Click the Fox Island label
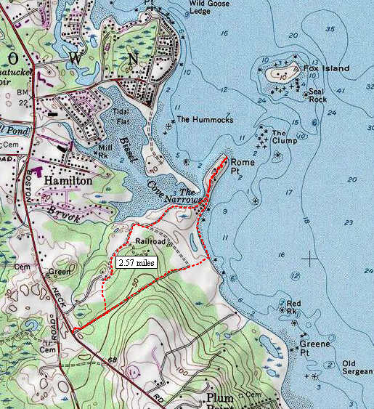326,68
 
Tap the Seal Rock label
315,95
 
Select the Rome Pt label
243,166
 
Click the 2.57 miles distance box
136,262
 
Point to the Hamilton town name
68,179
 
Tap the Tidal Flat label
121,116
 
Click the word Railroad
150,241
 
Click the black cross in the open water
310,257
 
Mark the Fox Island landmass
279,73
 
